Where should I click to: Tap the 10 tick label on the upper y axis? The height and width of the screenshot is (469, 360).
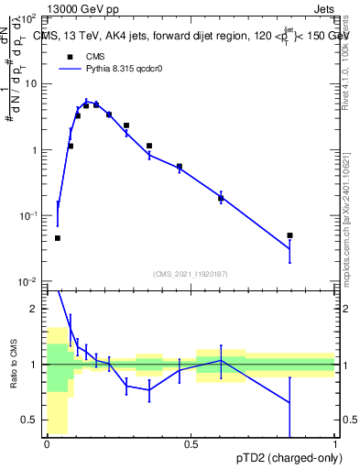[31, 83]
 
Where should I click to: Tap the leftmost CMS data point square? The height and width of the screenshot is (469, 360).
[58, 238]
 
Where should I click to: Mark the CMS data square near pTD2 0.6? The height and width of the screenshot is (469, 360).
[221, 198]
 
